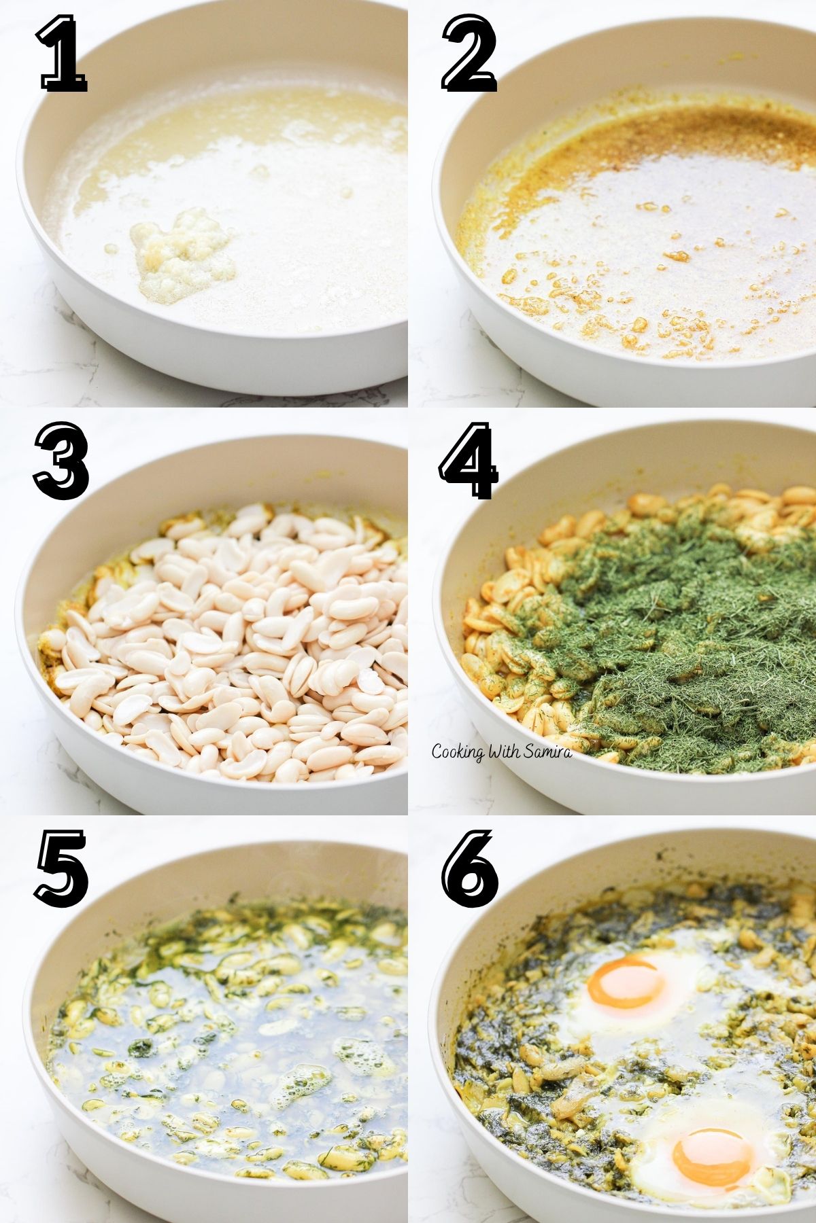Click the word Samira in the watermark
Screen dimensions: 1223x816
[547, 751]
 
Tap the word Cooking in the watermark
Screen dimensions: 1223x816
[458, 751]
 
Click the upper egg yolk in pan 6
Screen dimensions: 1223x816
[626, 982]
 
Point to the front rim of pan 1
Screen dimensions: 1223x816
[204, 367]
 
